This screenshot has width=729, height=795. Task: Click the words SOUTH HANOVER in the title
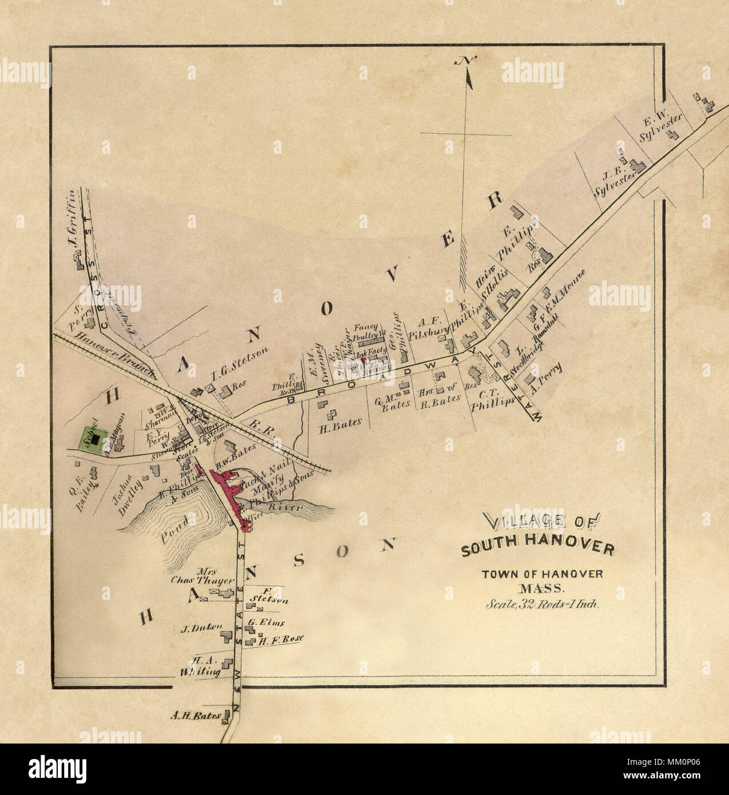pos(537,550)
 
